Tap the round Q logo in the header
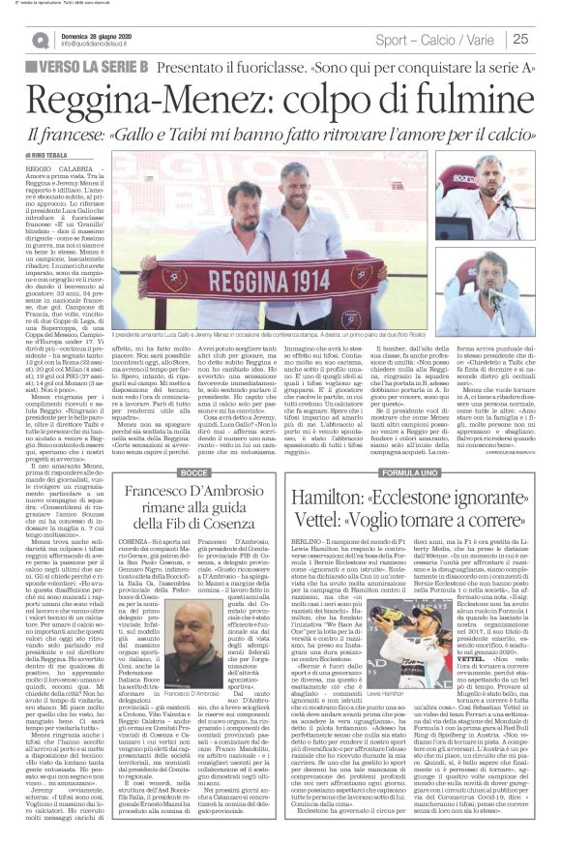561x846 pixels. click(40, 40)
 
